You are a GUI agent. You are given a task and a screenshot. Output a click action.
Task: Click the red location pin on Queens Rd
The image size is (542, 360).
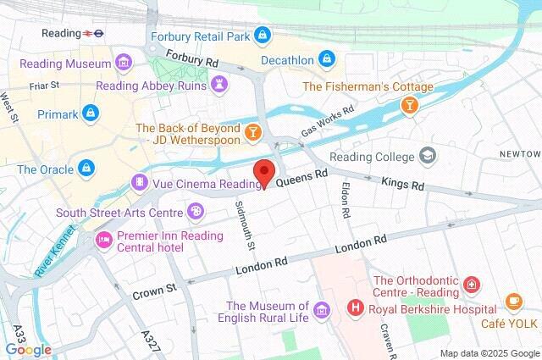(265, 172)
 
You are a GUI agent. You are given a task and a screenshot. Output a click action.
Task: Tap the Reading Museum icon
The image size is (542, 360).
(124, 64)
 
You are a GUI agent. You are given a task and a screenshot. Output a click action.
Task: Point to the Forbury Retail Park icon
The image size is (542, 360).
(263, 36)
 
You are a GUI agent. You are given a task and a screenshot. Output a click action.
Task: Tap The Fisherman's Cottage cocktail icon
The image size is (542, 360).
(409, 104)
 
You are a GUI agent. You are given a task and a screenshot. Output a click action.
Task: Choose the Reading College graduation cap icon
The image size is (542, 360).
(429, 156)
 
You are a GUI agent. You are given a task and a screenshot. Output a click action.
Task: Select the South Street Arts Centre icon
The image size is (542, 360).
(195, 211)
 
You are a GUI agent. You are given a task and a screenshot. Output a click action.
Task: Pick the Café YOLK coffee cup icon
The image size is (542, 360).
(513, 301)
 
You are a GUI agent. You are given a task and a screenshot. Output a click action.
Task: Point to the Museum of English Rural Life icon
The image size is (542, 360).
(320, 311)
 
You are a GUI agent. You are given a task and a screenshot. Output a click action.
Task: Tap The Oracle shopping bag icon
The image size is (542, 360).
(86, 169)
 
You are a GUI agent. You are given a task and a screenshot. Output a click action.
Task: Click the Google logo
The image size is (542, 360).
(28, 349)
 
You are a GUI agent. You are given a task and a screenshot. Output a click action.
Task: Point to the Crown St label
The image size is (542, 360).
(153, 290)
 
